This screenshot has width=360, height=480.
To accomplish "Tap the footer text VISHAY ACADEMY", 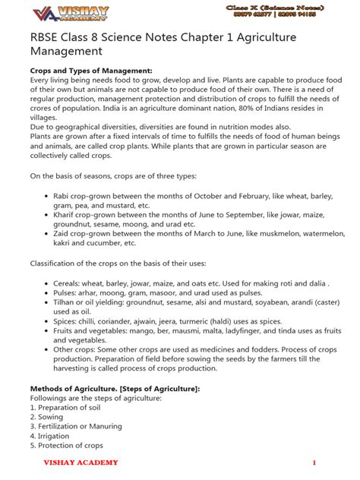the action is [x=80, y=463].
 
